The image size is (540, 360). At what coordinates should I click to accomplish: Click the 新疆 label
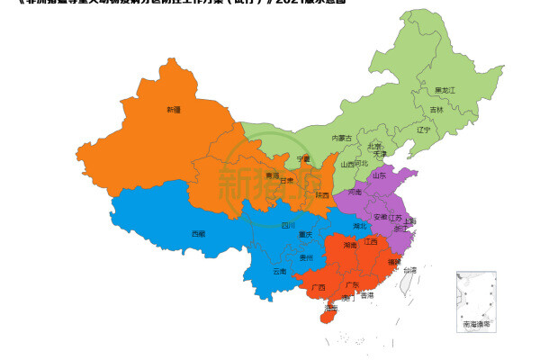(173, 110)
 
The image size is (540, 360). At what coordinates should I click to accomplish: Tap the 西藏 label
(198, 233)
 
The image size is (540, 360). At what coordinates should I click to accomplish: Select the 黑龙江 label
(445, 90)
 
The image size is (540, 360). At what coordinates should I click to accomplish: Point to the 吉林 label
(436, 110)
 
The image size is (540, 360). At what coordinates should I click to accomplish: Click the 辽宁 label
(423, 130)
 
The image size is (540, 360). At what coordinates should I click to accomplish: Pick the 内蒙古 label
(342, 138)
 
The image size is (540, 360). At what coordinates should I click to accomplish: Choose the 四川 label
(288, 225)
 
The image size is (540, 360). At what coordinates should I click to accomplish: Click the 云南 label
(279, 270)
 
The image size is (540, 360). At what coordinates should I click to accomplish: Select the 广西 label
(319, 288)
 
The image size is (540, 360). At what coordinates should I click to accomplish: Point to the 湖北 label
(360, 225)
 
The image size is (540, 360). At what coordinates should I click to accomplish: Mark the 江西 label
(371, 241)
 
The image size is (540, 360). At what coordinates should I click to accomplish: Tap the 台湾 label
(409, 269)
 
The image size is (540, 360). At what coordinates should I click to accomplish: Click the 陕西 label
(322, 194)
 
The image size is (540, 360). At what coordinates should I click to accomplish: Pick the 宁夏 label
(303, 159)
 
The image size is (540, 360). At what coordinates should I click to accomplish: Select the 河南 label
(355, 192)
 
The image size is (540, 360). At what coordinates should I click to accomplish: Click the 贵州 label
(306, 257)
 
